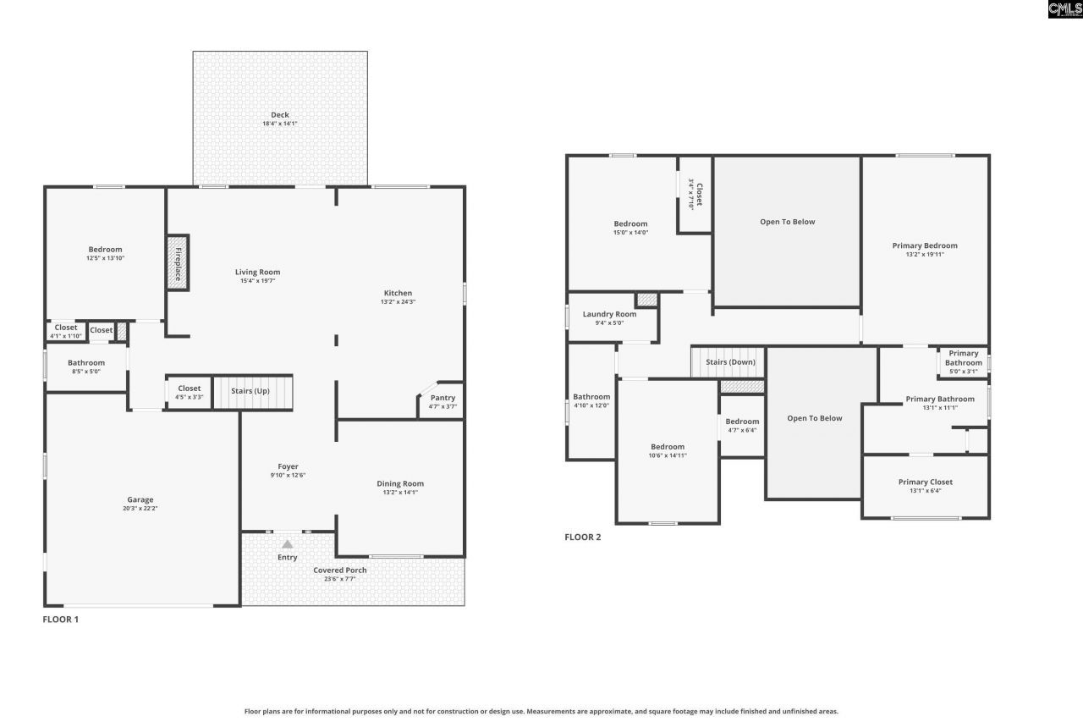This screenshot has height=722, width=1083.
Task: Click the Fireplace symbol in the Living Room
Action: coord(178,263)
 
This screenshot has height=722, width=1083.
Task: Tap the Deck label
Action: coord(279,115)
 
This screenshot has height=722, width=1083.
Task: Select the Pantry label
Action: coord(443,398)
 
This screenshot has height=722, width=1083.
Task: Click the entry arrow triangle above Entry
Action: coord(288,544)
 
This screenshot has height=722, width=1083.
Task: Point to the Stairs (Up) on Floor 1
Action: coord(250,392)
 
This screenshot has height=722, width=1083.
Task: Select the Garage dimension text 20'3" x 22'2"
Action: coord(140,509)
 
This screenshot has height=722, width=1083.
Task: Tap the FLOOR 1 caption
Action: coord(61,620)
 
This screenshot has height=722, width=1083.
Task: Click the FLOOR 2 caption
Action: coord(583,537)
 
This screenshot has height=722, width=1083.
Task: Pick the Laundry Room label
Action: coord(609,314)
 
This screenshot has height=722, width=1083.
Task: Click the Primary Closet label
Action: coord(925,482)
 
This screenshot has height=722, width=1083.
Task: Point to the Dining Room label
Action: coord(400,484)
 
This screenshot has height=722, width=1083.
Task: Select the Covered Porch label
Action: coord(340,570)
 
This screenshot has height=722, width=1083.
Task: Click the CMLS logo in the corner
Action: coord(1064,9)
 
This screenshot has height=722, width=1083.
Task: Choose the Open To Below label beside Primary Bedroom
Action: coord(787,222)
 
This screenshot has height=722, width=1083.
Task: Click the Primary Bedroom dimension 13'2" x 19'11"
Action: coord(925,255)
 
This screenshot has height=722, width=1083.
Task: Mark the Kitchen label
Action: coord(398,293)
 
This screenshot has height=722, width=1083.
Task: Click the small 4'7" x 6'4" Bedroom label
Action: coord(742,422)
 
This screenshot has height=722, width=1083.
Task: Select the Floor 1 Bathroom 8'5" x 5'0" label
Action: coord(86,363)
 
